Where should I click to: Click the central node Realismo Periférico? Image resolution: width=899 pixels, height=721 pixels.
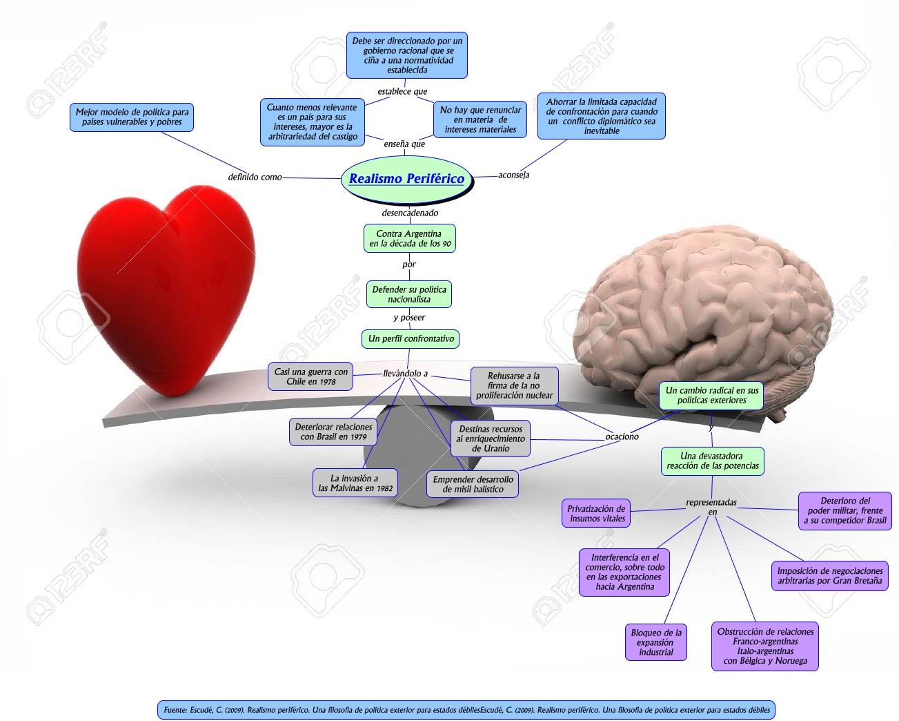point(407,179)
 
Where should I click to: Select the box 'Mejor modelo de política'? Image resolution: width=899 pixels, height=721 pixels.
point(132,117)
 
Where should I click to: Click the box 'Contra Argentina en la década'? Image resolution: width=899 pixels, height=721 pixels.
point(410,238)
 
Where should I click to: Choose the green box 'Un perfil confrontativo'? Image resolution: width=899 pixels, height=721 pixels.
point(411,339)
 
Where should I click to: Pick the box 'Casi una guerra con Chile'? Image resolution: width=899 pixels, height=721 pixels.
point(311,376)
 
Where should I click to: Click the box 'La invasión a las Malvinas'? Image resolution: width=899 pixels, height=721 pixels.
point(355,483)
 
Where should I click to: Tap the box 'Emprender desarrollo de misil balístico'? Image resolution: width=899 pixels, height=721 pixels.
point(473,484)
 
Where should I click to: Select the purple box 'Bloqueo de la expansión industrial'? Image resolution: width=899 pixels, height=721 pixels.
point(655,642)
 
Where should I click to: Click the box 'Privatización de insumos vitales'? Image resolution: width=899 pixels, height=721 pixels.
point(596,513)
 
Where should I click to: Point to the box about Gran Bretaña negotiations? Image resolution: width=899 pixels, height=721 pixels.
point(829,576)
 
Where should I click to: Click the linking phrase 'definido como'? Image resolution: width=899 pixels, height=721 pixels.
point(255,177)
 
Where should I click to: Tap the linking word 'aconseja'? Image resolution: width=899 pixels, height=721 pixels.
point(513,175)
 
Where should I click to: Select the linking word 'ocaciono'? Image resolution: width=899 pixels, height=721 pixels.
point(622,436)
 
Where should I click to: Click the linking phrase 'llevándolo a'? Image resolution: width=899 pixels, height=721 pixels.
point(405,374)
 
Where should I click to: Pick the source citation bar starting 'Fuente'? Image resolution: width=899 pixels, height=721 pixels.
point(466,710)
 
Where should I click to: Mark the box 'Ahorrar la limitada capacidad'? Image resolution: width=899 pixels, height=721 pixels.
point(601,116)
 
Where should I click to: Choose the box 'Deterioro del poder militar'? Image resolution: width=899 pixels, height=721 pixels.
point(844,511)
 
